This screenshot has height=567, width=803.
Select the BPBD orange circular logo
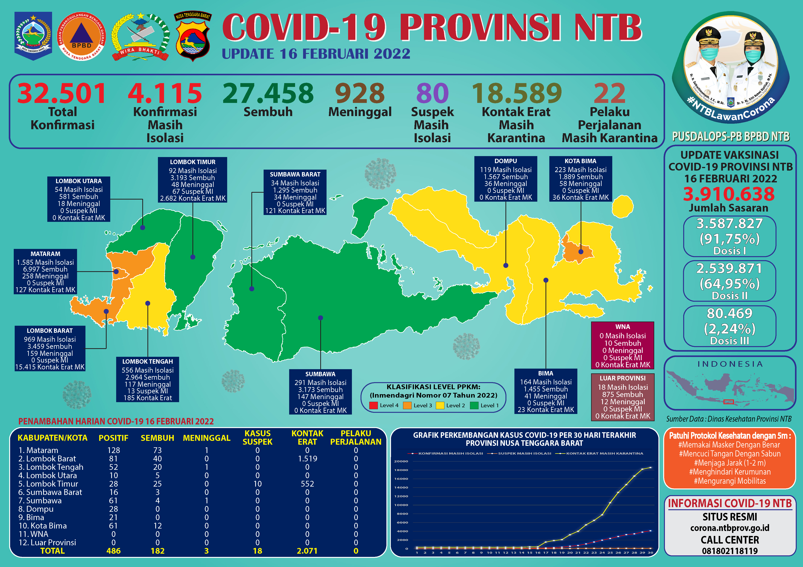81,36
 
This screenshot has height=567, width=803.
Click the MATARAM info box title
45,254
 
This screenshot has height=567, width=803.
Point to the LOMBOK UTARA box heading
79,181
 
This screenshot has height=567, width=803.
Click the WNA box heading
623,327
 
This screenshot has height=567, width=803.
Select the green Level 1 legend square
474,406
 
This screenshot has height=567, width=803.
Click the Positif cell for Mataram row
114,450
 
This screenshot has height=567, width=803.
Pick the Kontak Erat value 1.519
307,459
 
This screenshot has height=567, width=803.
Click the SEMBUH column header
157,438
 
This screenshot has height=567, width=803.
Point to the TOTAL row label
52,551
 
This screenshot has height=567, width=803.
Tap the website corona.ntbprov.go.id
730,528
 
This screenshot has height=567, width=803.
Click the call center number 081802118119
730,551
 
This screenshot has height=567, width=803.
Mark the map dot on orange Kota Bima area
581,252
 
